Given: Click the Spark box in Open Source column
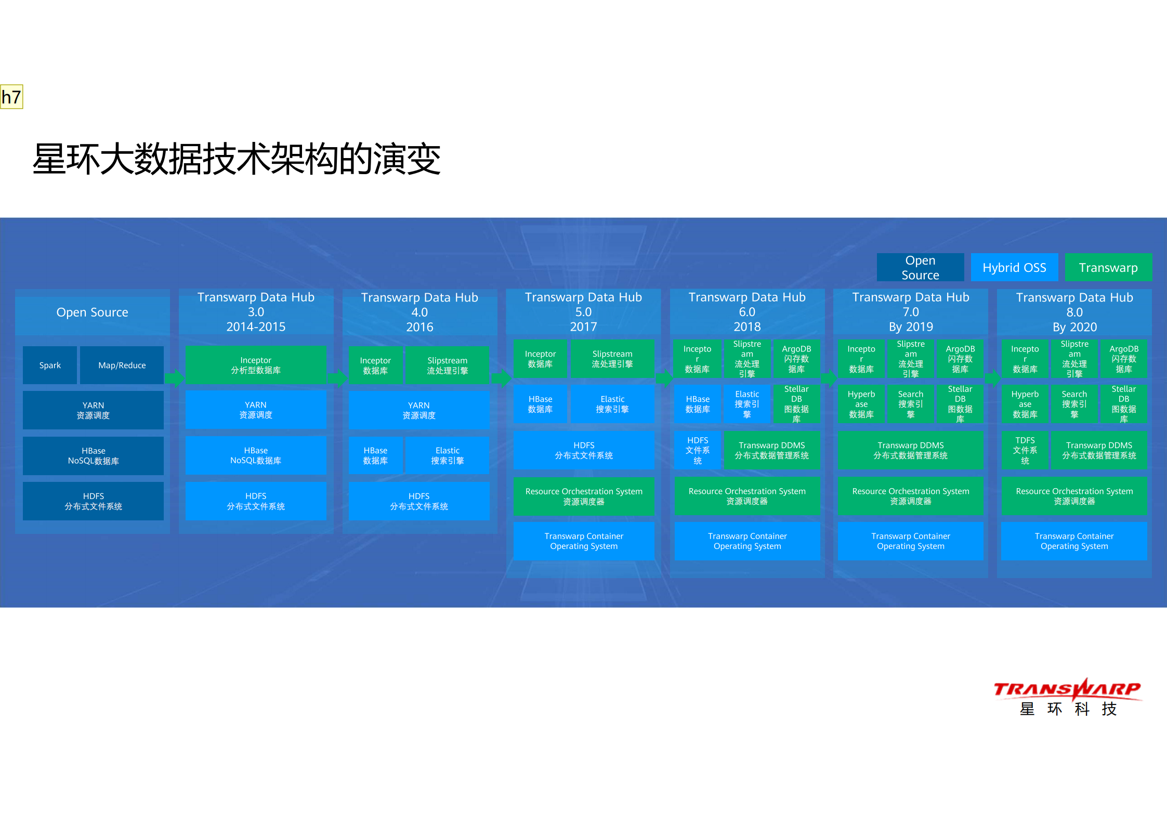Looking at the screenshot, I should coord(50,365).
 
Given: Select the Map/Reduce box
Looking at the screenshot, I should coord(122,365).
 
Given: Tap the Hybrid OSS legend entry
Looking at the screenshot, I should coord(1014,267).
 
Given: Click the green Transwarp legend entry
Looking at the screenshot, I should coord(1108,267).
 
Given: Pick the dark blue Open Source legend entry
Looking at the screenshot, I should coord(920,267).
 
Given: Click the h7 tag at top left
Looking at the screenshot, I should coord(11,97).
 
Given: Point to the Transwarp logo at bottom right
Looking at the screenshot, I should coord(1067,697).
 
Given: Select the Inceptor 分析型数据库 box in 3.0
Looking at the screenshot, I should coord(255,365).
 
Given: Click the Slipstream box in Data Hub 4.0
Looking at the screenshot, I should coord(447,365).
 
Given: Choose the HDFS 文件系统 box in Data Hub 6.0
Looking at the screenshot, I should coord(697,450).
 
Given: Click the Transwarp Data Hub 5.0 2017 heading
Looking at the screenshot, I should coord(583,311).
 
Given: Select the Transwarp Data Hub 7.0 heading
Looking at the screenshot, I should coord(910,311).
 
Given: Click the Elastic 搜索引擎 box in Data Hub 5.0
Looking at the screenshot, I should coord(612,404).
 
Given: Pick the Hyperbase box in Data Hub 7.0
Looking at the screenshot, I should coord(861,404).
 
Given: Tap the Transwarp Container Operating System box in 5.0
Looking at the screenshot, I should coord(583,541).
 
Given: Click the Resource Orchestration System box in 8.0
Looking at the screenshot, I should coord(1074,496).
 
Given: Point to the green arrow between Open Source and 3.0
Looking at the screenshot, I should coord(175,378).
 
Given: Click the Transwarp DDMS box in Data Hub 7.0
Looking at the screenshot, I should coord(910,450).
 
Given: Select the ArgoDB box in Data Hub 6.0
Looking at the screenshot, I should coord(796,359).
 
